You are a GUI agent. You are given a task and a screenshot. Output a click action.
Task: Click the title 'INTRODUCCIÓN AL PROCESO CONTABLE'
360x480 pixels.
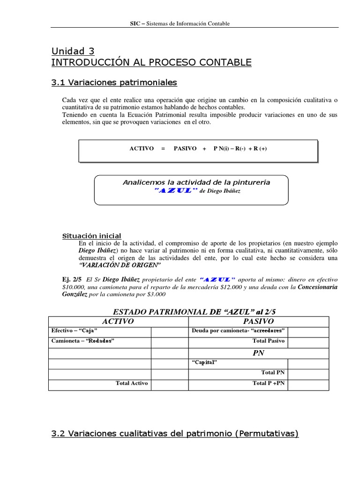click(x=151, y=62)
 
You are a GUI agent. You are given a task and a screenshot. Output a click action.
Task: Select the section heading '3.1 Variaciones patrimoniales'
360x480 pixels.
click(x=114, y=82)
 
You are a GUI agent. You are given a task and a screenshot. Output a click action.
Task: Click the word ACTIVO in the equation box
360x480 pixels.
click(x=142, y=149)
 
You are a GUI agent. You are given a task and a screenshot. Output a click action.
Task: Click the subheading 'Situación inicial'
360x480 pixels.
click(x=92, y=236)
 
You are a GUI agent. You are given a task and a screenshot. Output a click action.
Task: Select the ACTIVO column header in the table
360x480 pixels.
click(x=118, y=322)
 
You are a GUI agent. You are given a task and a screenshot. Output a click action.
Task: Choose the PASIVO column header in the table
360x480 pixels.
click(x=258, y=322)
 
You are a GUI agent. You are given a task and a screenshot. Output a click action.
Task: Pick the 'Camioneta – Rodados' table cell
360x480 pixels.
click(x=82, y=341)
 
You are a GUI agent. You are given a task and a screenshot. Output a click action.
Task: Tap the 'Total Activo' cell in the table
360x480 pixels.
click(x=132, y=383)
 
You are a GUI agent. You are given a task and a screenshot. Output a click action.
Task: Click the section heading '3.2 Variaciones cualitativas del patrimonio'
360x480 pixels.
click(x=174, y=434)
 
